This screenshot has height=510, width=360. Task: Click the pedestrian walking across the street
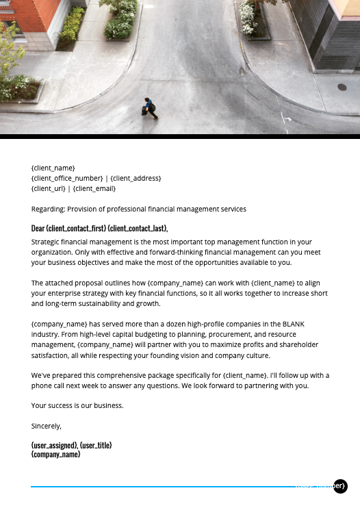pyautogui.click(x=150, y=107)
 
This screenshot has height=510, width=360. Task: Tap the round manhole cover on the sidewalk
pyautogui.click(x=342, y=87)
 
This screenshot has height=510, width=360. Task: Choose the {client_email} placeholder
pyautogui.click(x=94, y=188)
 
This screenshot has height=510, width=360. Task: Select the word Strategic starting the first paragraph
pyautogui.click(x=46, y=242)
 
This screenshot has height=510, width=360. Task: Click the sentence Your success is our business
pyautogui.click(x=77, y=405)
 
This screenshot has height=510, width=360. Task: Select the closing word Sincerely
pyautogui.click(x=46, y=426)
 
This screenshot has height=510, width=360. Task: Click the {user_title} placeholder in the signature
pyautogui.click(x=96, y=445)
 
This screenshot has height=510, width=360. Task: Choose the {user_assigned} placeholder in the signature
pyautogui.click(x=54, y=445)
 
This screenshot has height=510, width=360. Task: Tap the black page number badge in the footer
pyautogui.click(x=341, y=486)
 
